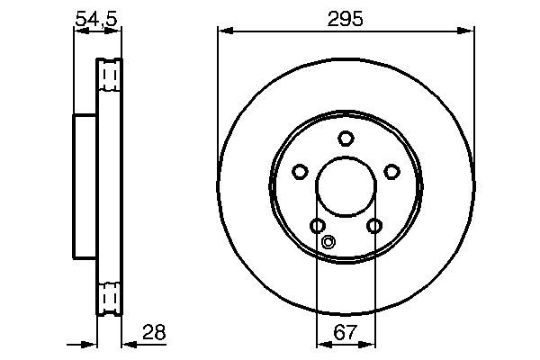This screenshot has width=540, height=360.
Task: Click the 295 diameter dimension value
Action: (345, 19)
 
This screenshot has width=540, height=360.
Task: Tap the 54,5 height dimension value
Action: (97, 19)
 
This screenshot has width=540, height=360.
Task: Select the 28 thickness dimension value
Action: (154, 332)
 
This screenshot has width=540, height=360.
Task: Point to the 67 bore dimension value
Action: (345, 332)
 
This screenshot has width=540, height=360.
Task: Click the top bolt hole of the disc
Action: (346, 138)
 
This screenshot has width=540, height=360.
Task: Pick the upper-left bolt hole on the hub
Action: (300, 171)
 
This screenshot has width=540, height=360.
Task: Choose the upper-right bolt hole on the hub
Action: (391, 171)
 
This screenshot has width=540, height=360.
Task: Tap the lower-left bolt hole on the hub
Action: (318, 226)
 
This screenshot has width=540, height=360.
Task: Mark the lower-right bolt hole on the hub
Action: (374, 226)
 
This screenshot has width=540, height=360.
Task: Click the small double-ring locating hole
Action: (328, 242)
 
